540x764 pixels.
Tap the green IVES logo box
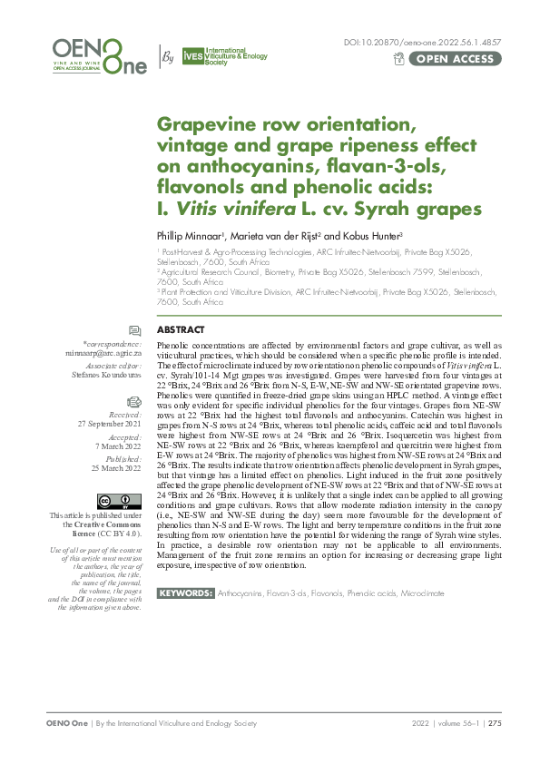pyautogui.click(x=192, y=56)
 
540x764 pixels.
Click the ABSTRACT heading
pyautogui.click(x=181, y=305)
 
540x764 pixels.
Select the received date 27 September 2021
pyautogui.click(x=109, y=398)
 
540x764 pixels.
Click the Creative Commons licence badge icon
pyautogui.click(x=120, y=501)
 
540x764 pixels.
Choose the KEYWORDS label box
pyautogui.click(x=185, y=593)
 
